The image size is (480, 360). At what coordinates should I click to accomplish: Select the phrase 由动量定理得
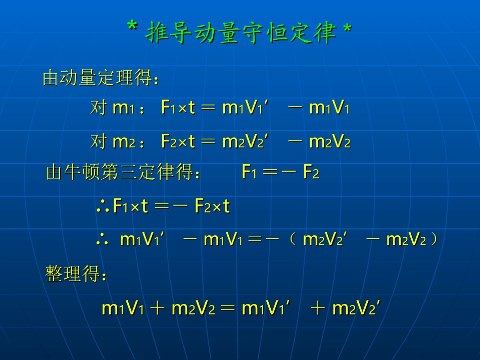click(101, 78)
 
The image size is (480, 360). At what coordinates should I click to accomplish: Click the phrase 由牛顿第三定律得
click(123, 173)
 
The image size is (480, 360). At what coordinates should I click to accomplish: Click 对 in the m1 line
click(99, 108)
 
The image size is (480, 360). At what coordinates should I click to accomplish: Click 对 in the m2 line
click(99, 142)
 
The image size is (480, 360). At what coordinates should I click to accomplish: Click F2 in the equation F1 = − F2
click(311, 173)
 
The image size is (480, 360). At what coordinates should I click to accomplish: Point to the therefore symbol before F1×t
click(103, 207)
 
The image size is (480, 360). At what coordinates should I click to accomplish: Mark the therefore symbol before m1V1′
click(103, 240)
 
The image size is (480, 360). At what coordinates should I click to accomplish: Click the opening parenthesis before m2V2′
click(293, 240)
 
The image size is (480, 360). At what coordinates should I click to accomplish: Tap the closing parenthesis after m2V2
click(433, 240)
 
